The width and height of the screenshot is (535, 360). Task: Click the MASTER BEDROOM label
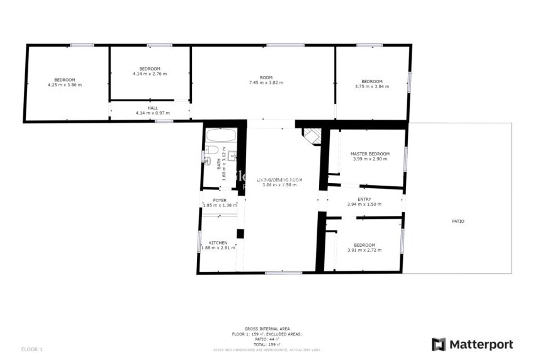(x=369, y=154)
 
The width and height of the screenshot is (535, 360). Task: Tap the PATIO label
(x=458, y=221)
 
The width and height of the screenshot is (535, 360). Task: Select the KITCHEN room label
(x=218, y=242)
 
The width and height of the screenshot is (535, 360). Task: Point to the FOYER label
(x=220, y=200)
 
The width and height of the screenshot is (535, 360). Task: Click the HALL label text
(x=152, y=108)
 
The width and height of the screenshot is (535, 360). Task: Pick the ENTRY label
(x=364, y=200)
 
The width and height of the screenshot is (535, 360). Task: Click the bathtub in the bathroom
(x=220, y=135)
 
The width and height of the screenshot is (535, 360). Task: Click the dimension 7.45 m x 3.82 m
(x=266, y=82)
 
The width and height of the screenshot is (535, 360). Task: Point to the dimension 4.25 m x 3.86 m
(x=64, y=84)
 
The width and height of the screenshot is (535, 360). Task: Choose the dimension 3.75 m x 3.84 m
(x=372, y=86)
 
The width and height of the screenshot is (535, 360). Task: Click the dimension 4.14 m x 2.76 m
(x=150, y=74)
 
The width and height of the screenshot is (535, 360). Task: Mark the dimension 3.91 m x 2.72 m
(x=364, y=250)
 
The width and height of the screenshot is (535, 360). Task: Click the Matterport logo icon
(x=439, y=344)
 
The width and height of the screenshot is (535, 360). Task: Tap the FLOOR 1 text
(x=31, y=349)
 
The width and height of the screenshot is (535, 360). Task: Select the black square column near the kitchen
(x=240, y=234)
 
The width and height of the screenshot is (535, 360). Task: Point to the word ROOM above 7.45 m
(x=266, y=77)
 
